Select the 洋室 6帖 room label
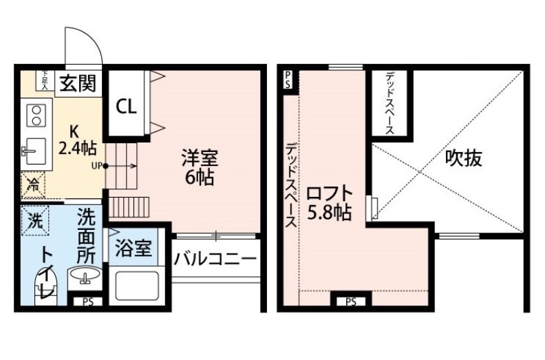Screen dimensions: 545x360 tap(200, 167)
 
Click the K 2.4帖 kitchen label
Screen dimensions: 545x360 tap(77, 140)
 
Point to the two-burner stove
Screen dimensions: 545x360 tap(36, 116)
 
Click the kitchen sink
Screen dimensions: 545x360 tap(34, 151)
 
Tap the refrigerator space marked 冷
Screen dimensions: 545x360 tap(33, 185)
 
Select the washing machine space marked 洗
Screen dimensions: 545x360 tap(35, 220)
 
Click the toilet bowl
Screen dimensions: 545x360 tap(45, 287)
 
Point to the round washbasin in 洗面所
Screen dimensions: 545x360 tap(85, 275)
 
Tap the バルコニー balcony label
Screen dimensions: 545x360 tap(215, 259)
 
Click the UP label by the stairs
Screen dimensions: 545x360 tap(96, 166)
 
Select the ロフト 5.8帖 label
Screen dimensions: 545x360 tap(329, 203)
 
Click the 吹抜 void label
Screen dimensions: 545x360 tap(464, 158)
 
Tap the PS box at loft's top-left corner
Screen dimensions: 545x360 tap(288, 80)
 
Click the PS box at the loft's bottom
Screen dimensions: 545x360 tap(351, 302)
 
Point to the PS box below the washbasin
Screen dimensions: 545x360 tap(88, 302)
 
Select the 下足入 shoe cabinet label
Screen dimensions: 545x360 tap(45, 81)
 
